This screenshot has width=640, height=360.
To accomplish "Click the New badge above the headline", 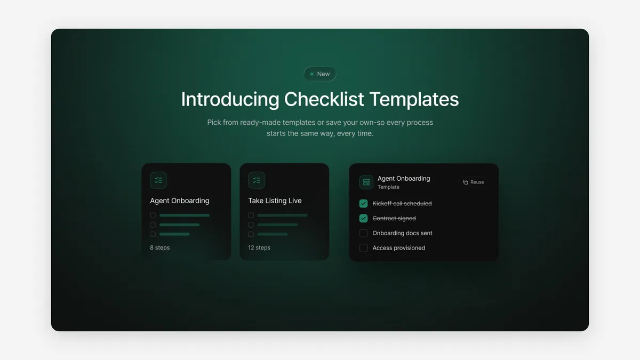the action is pos(319,74).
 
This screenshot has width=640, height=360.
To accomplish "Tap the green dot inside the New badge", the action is pos(311,74).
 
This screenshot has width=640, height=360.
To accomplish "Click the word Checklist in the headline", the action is pos(324,99).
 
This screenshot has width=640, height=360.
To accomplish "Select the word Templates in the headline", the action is pos(414,99).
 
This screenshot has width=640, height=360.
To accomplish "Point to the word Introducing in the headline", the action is pos(230,99).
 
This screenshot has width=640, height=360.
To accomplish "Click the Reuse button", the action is pos(473,182).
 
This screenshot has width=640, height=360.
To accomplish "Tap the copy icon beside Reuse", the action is pos(466,182).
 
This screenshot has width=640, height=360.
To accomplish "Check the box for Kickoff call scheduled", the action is pos(363,203).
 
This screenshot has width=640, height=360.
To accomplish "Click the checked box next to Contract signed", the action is pos(363,218).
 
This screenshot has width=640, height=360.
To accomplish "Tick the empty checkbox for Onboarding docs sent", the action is pos(363,233).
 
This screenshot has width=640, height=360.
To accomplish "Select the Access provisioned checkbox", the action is pos(363,247).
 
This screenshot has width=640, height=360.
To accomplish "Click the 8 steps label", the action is pos(159,247).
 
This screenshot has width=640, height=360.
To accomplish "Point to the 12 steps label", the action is pos(259,247).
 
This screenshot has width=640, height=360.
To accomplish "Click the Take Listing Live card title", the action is pos(275,201).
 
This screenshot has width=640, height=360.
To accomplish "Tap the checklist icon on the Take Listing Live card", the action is pos(257,180).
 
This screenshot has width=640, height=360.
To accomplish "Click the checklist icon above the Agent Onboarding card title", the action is pos(158,180).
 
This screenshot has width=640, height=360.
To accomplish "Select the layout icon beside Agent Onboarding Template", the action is pos(366,182).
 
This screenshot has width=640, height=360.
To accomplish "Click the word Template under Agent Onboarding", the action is pos(389,187).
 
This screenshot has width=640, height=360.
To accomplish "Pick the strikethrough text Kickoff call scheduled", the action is pos(402,203).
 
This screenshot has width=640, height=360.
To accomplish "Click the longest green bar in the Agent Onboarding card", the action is pos(185,215).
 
